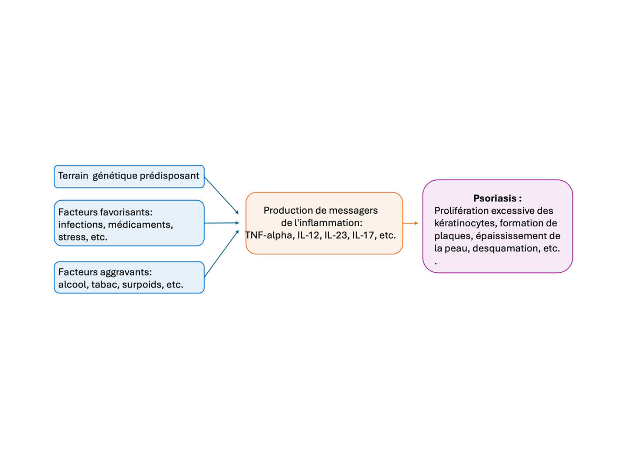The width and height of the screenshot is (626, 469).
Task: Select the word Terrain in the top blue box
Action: click(73, 176)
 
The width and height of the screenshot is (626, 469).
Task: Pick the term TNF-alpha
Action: click(269, 235)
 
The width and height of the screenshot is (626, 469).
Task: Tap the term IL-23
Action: click(336, 235)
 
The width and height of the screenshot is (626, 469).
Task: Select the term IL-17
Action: click(363, 235)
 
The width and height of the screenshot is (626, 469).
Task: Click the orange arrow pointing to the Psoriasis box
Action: click(410, 223)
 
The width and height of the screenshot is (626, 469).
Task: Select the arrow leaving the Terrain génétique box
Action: click(221, 195)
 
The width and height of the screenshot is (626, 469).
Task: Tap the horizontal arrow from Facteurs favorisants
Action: click(221, 223)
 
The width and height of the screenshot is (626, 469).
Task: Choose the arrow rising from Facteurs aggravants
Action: click(221, 254)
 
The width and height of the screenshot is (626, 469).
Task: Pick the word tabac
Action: click(104, 285)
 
